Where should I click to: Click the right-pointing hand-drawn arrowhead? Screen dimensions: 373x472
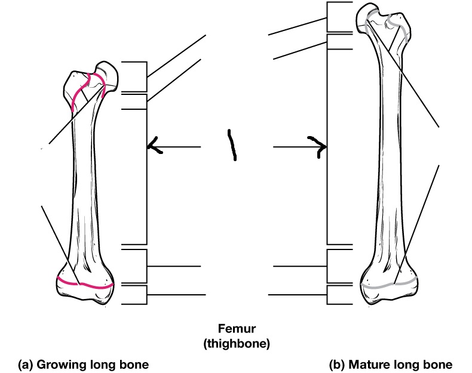pos(320,145)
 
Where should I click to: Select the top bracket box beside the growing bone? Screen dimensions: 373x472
pos(134,76)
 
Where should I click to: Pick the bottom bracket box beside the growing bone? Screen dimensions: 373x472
pos(134,294)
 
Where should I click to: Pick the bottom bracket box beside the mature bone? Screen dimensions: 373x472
pos(338,294)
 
